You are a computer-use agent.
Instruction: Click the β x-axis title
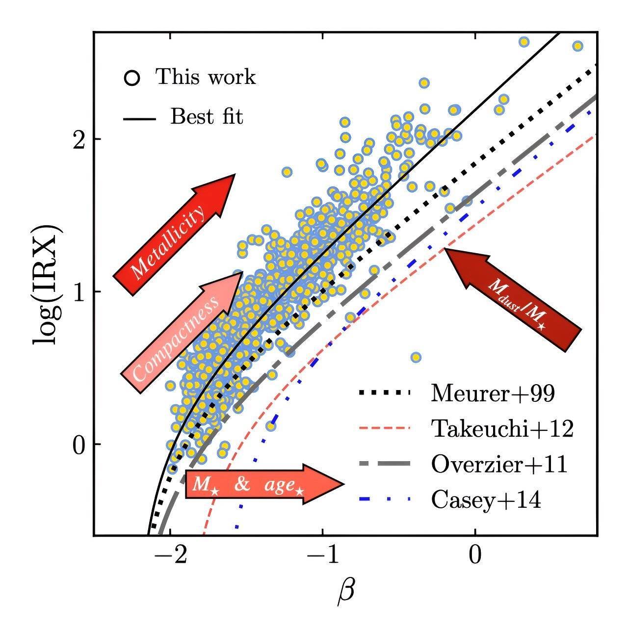coord(345,593)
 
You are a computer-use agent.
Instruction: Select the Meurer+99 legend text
coord(493,393)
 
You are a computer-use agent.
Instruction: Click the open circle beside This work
coord(132,78)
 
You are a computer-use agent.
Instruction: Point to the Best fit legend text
coord(207,117)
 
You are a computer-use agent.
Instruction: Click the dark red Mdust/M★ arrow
coord(513,300)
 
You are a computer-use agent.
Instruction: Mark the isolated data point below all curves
coord(416,357)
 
